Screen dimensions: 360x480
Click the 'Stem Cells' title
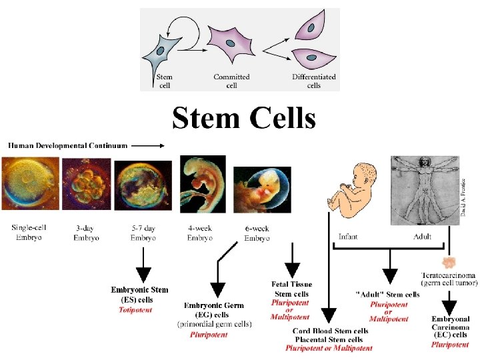[x=243, y=119]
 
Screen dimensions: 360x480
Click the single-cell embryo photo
[x=30, y=183]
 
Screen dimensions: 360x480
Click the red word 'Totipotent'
[x=135, y=310]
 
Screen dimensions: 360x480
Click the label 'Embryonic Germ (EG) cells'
[x=214, y=309]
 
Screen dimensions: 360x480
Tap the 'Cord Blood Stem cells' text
[x=331, y=331]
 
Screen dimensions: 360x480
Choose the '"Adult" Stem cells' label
[x=389, y=294]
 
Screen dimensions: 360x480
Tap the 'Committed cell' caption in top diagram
[x=231, y=81]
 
